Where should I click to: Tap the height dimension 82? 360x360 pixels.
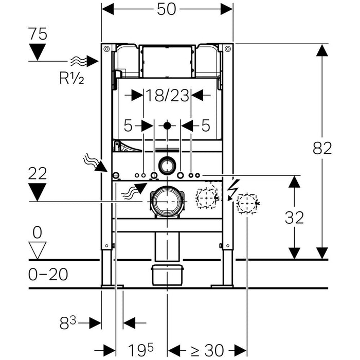(x=322, y=148)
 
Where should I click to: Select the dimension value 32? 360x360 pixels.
(x=294, y=218)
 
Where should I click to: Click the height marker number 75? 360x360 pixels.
(x=38, y=34)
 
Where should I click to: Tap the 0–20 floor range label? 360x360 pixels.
(x=48, y=274)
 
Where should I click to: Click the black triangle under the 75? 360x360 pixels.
(x=38, y=51)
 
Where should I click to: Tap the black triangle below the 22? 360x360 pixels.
(x=38, y=192)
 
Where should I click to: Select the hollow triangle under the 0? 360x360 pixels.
(x=38, y=250)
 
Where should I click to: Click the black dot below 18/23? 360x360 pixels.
(x=167, y=125)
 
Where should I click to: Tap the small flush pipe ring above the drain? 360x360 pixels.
(x=167, y=165)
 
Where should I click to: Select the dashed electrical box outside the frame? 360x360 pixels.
(x=247, y=204)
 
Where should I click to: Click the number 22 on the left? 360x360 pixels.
(x=38, y=174)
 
